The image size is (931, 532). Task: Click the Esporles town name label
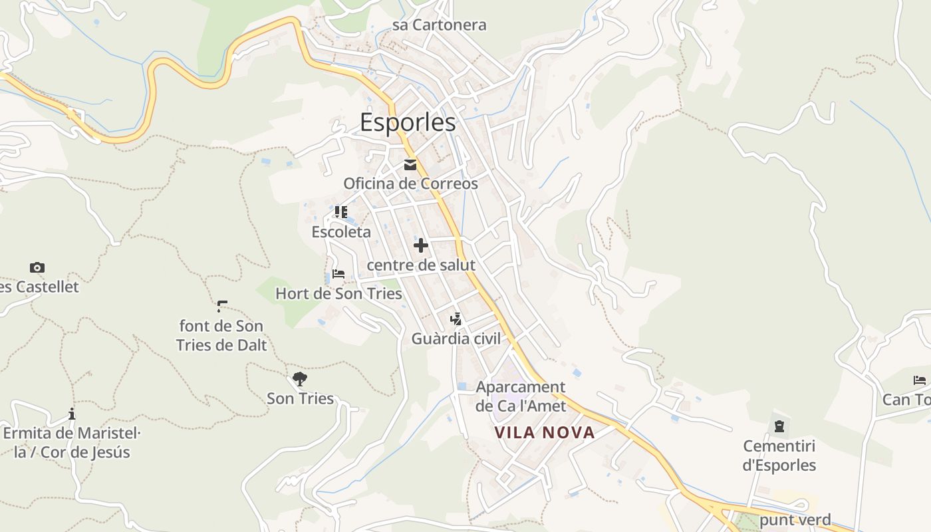click(x=408, y=122)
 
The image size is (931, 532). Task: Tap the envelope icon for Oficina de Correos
click(x=410, y=165)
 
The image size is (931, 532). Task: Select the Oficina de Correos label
click(x=410, y=184)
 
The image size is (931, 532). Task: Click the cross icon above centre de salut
click(x=420, y=246)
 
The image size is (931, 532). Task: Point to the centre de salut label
click(x=421, y=265)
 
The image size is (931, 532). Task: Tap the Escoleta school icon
click(x=340, y=212)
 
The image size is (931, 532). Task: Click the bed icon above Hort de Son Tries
click(x=338, y=274)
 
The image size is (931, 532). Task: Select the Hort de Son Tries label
click(x=338, y=293)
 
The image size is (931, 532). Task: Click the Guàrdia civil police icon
click(x=456, y=319)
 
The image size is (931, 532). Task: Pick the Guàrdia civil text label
click(x=456, y=338)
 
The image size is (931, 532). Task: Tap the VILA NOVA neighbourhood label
click(x=545, y=433)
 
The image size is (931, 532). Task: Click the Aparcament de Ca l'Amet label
click(x=521, y=396)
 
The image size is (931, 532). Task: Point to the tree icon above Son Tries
click(x=300, y=379)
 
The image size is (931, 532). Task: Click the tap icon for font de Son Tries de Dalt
click(x=222, y=307)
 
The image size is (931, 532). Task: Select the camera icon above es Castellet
click(x=37, y=268)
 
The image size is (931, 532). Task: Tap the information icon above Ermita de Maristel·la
click(x=72, y=414)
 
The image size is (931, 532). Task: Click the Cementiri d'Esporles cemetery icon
click(x=779, y=426)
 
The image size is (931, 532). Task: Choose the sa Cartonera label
click(x=439, y=25)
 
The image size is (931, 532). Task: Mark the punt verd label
click(x=795, y=520)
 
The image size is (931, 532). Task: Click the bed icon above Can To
click(x=920, y=380)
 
